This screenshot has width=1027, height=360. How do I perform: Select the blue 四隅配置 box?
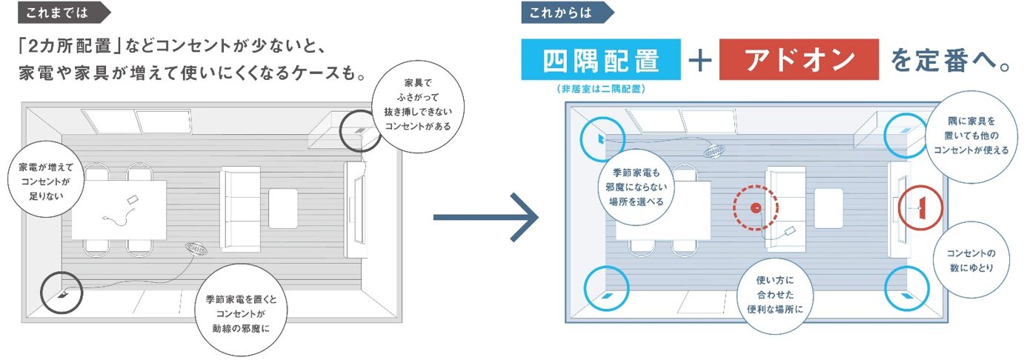(601, 60)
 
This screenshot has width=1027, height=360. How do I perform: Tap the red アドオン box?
(799, 60)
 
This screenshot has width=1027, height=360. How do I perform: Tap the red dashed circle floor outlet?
(756, 208)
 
